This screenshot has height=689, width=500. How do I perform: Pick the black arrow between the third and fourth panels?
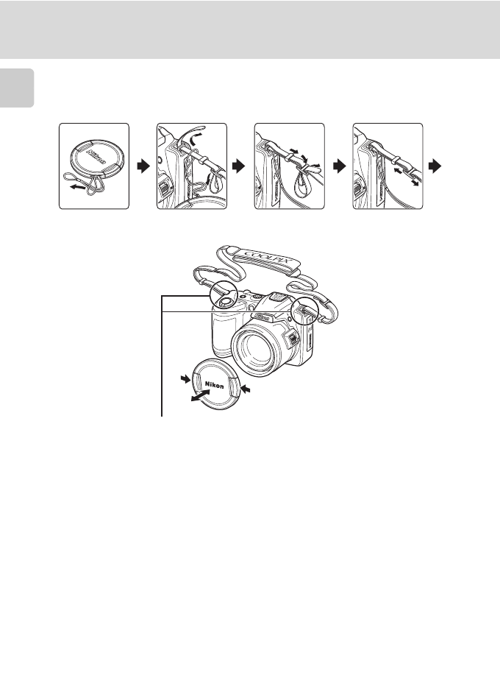337,167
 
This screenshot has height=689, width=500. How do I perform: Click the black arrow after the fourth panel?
435,167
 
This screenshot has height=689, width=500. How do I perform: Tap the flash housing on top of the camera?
279,299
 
